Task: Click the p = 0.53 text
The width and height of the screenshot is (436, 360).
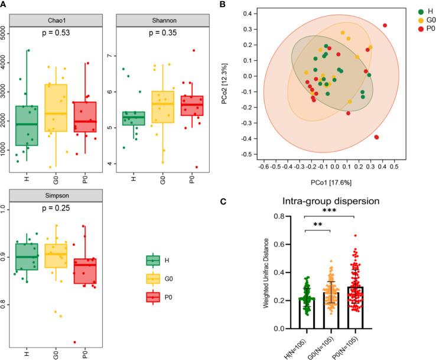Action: click(58, 33)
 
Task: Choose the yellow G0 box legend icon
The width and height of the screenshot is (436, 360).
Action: click(154, 278)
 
